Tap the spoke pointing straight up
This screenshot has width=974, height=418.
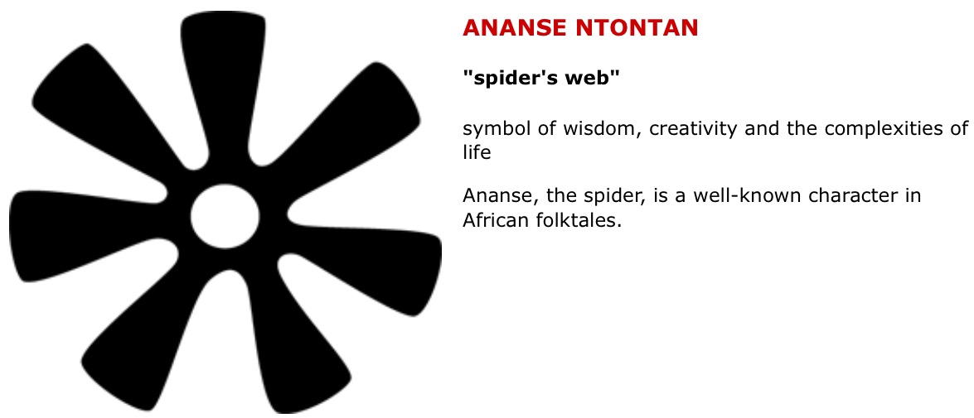click(221, 74)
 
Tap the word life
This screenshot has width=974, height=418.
click(477, 153)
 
